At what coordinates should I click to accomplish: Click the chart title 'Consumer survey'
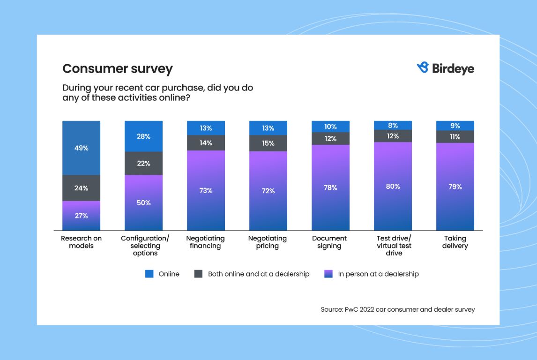[118, 69]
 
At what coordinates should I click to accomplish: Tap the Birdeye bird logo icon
[423, 68]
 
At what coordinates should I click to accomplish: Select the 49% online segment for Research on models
[82, 148]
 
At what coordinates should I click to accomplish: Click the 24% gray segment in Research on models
[82, 188]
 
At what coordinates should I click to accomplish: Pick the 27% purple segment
[82, 216]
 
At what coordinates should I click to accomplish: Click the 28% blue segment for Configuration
[143, 136]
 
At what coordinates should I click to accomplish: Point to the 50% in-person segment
[143, 202]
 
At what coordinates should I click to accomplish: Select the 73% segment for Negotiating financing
[206, 190]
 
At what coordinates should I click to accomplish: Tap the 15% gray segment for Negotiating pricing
[268, 143]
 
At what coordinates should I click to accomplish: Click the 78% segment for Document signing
[330, 187]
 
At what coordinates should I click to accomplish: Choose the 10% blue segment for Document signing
[330, 127]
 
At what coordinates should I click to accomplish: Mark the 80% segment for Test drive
[393, 186]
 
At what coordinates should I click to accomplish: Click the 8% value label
[393, 125]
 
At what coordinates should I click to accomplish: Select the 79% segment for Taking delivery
[455, 187]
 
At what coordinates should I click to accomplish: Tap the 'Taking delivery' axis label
[455, 242]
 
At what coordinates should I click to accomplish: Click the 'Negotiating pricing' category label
[267, 242]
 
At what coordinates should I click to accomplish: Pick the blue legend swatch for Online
[149, 274]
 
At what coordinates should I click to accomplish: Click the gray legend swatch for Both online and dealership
[198, 274]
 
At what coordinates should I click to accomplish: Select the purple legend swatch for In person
[328, 274]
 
